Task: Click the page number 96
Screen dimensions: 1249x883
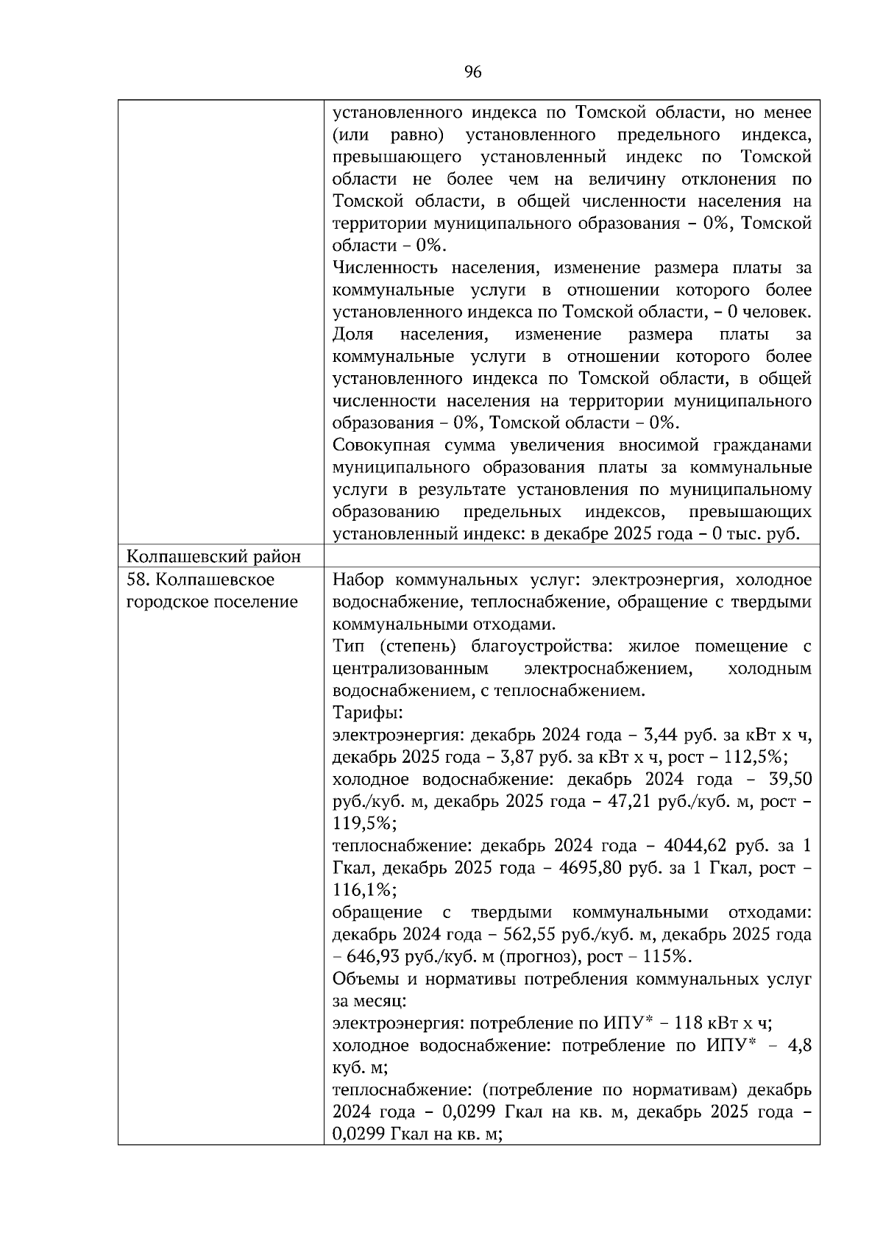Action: (472, 71)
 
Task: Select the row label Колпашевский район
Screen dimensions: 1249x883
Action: (213, 556)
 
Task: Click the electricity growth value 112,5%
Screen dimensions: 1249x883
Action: (760, 757)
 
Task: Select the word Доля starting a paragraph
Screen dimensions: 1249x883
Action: (352, 334)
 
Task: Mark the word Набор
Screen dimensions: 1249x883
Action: (357, 579)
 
